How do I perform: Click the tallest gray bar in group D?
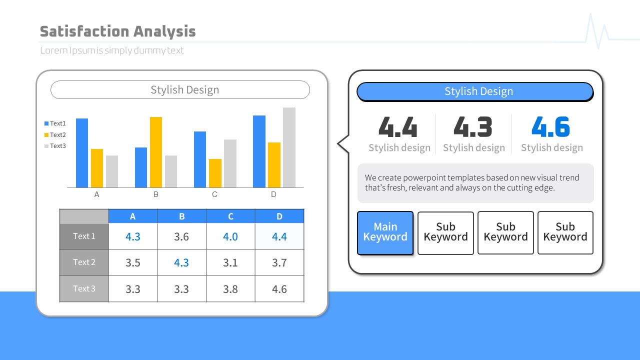point(289,147)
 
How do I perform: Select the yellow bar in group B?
point(156,152)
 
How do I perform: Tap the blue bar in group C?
point(200,159)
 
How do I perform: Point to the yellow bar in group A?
point(97,168)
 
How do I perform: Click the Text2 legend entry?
point(55,134)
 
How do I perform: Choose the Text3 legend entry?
point(55,146)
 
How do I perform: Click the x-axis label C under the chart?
point(214,194)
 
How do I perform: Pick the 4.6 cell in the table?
point(279,289)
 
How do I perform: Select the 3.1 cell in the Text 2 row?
point(230,262)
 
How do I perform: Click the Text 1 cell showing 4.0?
point(230,236)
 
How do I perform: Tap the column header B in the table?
point(181,216)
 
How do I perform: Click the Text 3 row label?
point(84,289)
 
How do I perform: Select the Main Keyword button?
point(385,233)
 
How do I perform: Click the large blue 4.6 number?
point(550,126)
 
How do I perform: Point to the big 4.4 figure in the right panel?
point(398,126)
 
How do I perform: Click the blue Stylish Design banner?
point(475,91)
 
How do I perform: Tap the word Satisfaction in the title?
point(84,31)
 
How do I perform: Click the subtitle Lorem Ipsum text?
point(111,50)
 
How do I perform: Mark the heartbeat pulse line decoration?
point(597,31)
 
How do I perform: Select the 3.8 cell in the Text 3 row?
point(230,289)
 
